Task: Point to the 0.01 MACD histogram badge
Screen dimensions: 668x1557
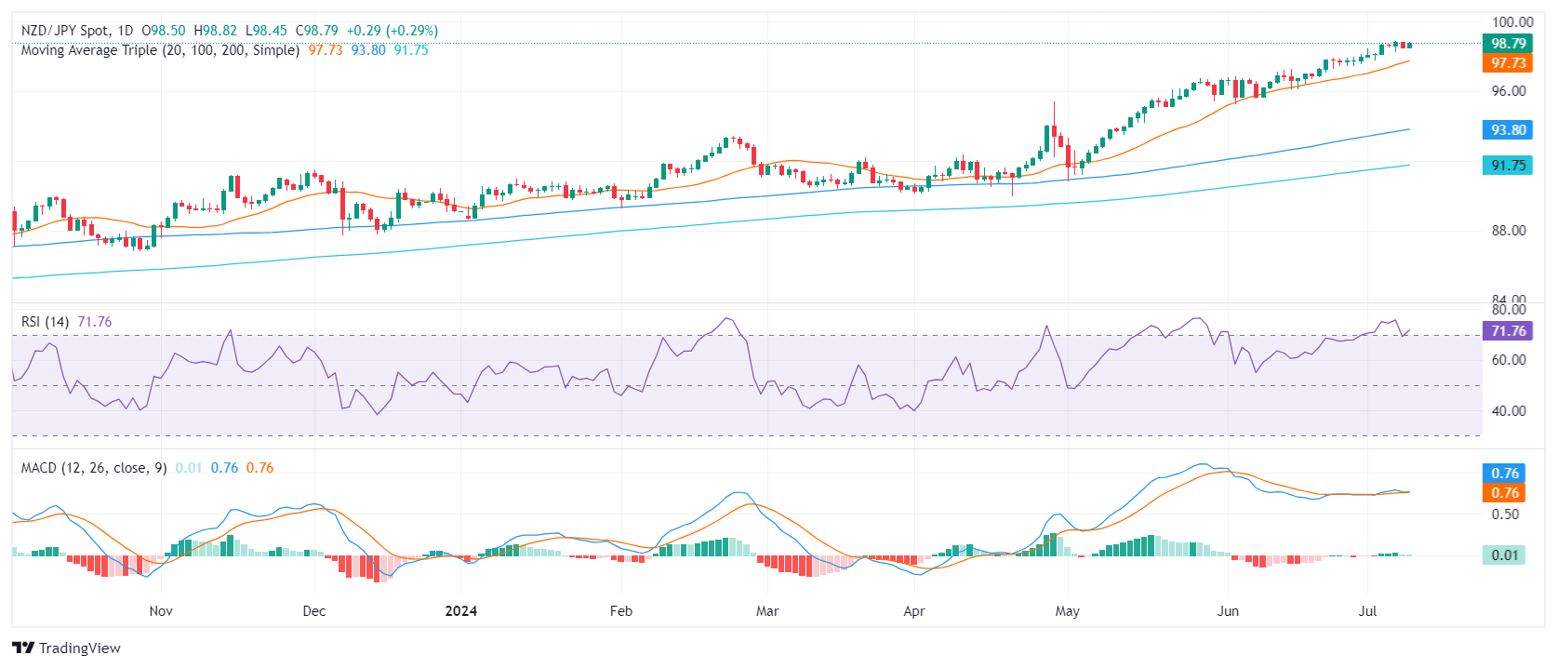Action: tap(1504, 555)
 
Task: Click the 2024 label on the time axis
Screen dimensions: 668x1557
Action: tap(460, 611)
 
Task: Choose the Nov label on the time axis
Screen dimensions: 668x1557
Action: tap(161, 611)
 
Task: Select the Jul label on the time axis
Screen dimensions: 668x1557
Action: tap(1367, 611)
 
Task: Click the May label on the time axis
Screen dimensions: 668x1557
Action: tap(1067, 611)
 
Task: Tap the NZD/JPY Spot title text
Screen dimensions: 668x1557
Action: tap(64, 31)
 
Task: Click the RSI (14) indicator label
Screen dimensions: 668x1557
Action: tap(45, 322)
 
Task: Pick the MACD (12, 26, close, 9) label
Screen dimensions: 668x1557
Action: tap(94, 468)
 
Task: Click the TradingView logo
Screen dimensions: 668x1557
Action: tap(67, 648)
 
